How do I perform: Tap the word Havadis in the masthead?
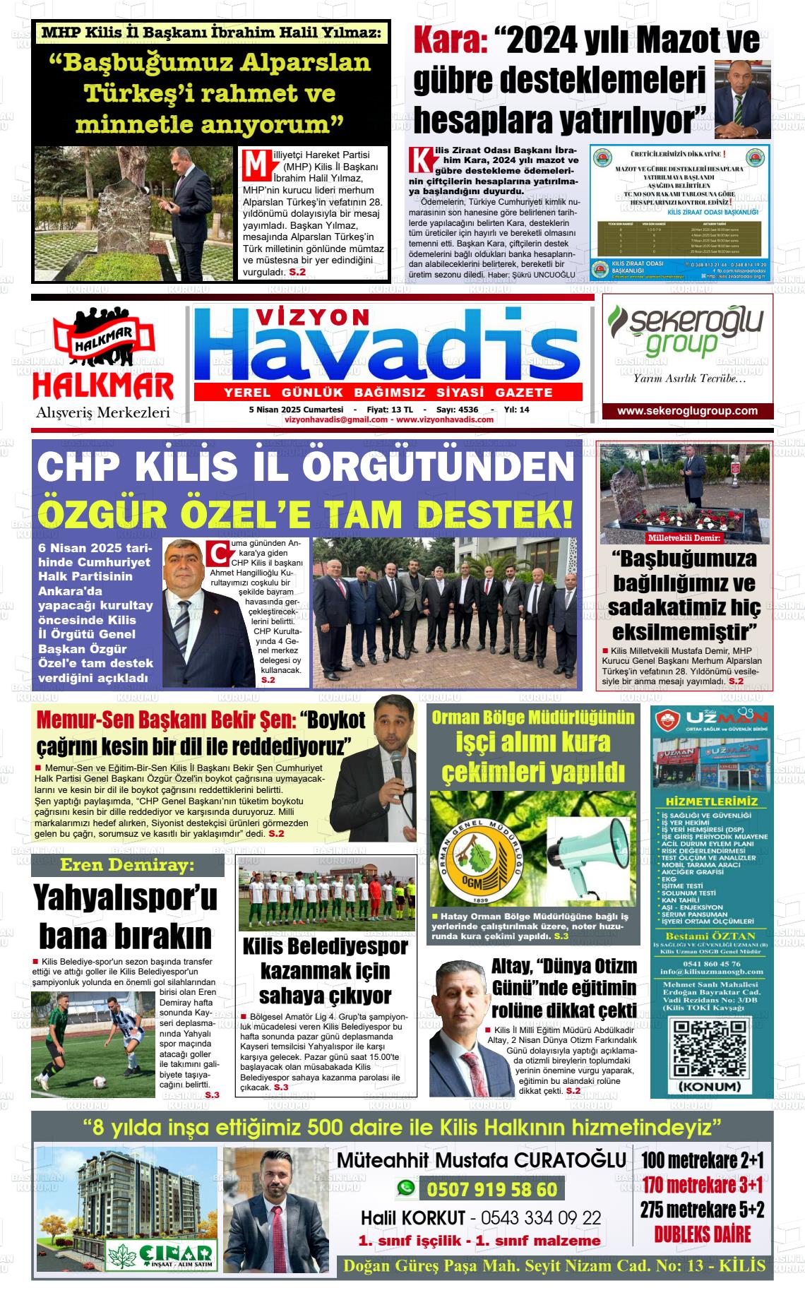coord(387,350)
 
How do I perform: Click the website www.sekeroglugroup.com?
coord(687,411)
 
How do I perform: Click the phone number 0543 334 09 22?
coord(541,1217)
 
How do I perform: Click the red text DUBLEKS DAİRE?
coord(702,1235)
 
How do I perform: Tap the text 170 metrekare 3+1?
coord(702,1183)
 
